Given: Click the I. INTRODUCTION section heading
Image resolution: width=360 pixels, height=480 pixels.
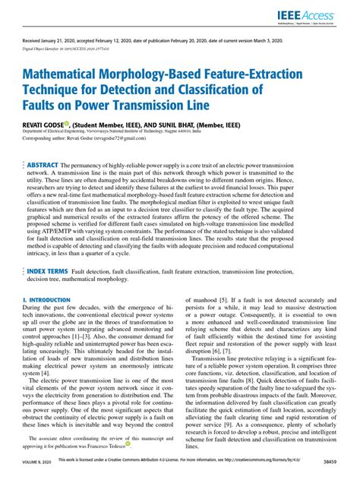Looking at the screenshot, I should (x=43, y=300).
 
